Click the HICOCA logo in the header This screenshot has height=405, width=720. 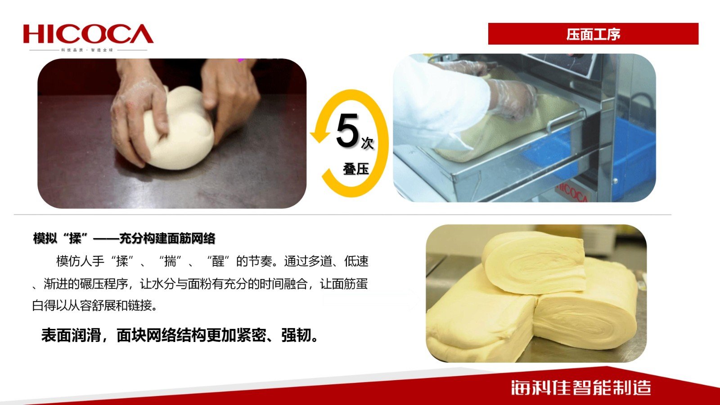point(88,34)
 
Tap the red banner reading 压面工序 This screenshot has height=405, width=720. point(593,34)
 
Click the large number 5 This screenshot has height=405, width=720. point(347,130)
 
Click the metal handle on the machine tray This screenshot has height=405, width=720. point(566,119)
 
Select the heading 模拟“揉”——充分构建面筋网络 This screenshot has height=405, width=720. point(124,238)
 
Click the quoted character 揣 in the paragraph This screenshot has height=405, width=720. point(170,261)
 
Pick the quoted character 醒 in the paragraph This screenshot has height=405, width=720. point(218,261)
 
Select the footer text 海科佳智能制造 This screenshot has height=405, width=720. point(581,387)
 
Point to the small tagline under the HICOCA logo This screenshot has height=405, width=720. point(87,50)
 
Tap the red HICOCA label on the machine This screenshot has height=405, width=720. point(572,193)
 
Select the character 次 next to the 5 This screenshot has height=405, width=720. point(367,143)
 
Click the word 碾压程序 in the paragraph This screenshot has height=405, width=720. point(104,284)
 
